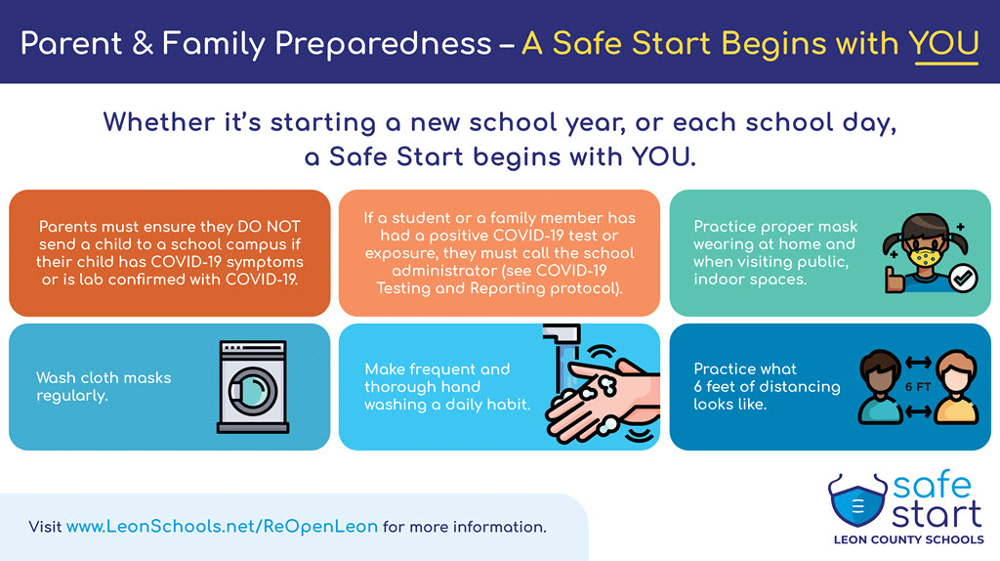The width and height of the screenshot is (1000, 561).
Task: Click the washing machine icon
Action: coord(253,387)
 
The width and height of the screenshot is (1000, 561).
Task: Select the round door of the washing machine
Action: coord(253,391)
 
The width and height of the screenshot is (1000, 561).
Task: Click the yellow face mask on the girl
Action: coord(926,258)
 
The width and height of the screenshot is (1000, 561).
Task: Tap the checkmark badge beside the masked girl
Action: coord(963,279)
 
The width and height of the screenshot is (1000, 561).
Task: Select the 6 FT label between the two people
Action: coord(917,387)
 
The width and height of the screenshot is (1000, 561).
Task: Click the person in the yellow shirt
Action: coord(956,387)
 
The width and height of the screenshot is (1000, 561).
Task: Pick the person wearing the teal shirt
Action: coord(880,387)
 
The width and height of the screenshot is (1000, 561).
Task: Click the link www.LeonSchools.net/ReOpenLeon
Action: coord(222,527)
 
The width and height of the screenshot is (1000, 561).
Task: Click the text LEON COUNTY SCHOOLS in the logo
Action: coord(908,539)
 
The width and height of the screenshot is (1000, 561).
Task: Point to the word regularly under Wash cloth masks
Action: coord(72,397)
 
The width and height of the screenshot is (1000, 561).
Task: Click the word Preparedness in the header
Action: coord(383,44)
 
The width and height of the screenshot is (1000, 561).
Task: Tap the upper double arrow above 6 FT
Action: coord(918,363)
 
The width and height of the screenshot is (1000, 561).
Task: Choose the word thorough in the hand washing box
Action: coord(422,387)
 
